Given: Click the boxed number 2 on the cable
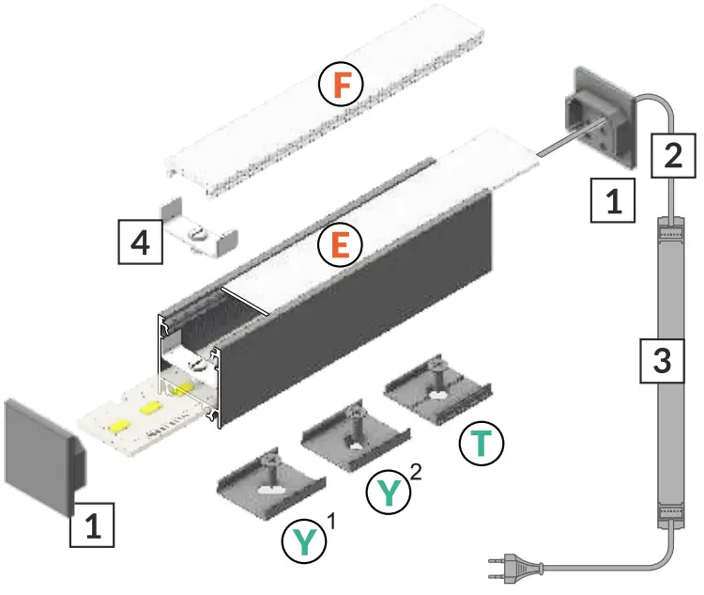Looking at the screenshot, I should point(672,154).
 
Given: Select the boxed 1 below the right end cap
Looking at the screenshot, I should point(612,201).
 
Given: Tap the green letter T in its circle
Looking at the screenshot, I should point(482,444).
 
